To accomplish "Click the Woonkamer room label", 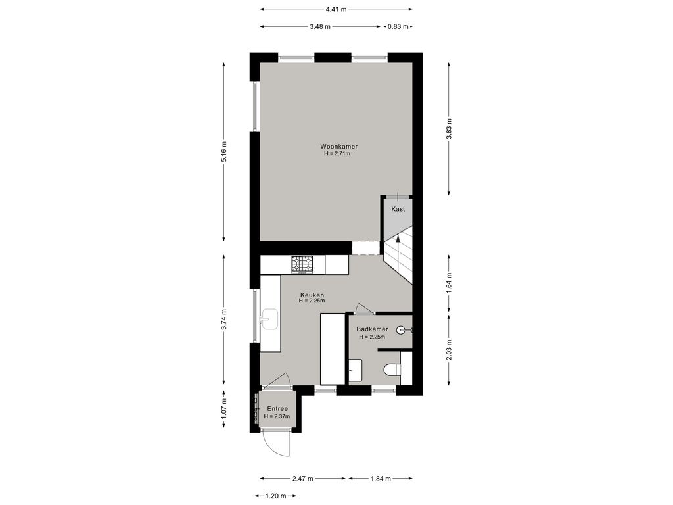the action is (338, 147).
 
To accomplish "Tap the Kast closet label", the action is (398, 209).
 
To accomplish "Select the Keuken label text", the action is (312, 295).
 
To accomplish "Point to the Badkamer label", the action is (372, 329).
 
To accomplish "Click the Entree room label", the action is (277, 409).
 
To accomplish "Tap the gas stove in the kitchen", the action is (302, 264).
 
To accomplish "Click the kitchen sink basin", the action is (270, 319).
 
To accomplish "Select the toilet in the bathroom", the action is (392, 370).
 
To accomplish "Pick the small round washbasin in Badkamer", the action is (401, 330).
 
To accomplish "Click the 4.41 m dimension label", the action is (336, 9).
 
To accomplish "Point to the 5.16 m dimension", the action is (224, 152).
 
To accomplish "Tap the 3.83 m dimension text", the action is (448, 129).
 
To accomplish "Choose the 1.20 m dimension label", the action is (275, 496).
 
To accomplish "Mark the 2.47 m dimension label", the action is (302, 479).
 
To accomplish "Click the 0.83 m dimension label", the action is (398, 26).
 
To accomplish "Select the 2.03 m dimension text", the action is (448, 350).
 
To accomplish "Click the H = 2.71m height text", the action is (337, 153).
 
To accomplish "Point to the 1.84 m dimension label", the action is (381, 479).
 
